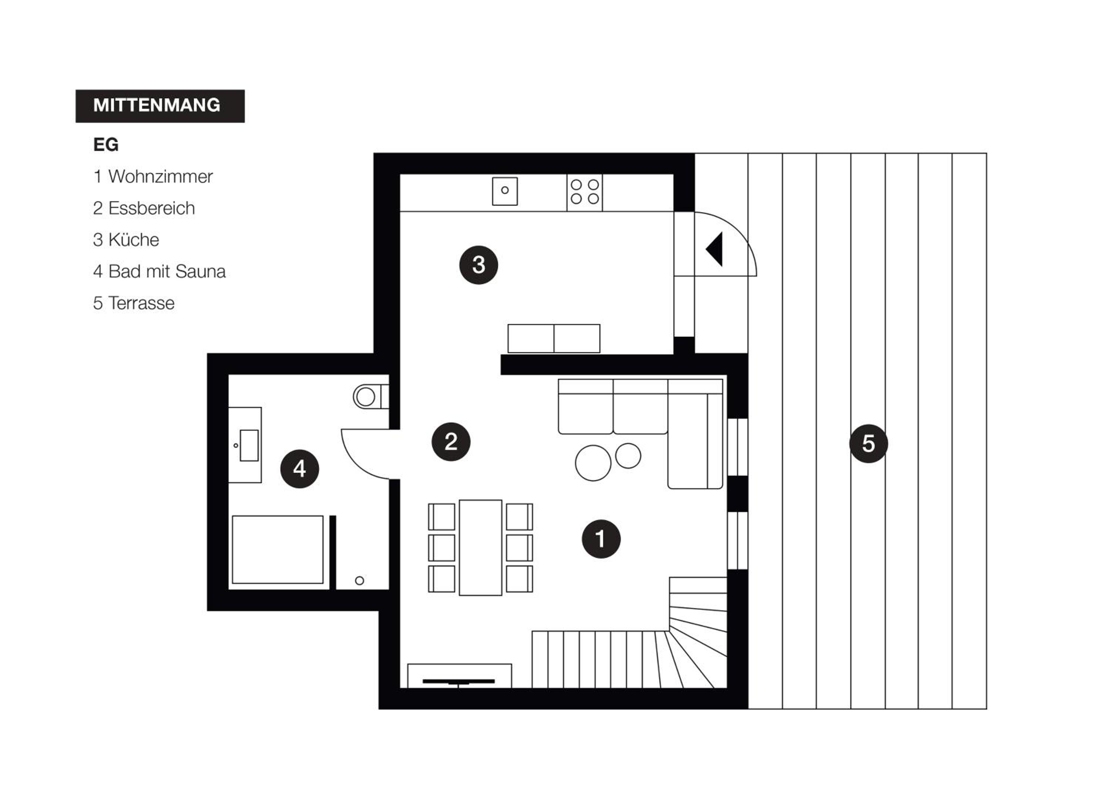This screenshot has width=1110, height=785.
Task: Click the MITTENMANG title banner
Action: [x=160, y=106]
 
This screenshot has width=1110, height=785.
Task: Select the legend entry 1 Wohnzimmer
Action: [x=153, y=176]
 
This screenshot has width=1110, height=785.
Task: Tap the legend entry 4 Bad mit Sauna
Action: [x=159, y=271]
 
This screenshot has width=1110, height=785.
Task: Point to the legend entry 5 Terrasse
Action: [x=134, y=303]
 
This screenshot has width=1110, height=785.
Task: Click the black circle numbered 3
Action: [x=479, y=265]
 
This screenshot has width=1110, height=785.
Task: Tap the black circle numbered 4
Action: [x=300, y=468]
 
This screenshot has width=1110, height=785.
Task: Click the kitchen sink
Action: [x=505, y=191]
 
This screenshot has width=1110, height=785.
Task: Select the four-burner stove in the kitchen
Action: [x=585, y=192]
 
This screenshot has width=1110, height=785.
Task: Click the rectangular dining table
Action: [x=481, y=548]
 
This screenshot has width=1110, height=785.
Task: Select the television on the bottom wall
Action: [x=459, y=681]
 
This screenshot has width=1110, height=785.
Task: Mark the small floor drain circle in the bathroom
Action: [x=359, y=580]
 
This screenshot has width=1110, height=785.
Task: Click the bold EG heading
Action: [x=106, y=145]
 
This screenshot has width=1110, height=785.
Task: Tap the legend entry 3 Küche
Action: [x=126, y=240]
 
